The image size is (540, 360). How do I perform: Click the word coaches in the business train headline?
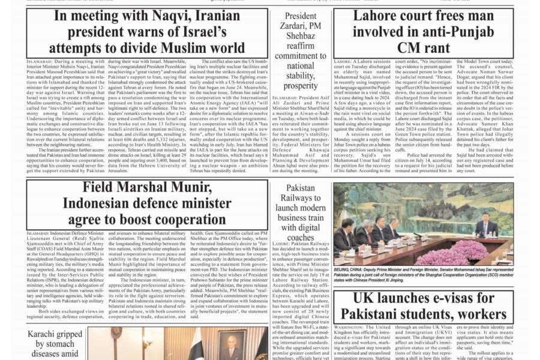coord(301,237)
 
